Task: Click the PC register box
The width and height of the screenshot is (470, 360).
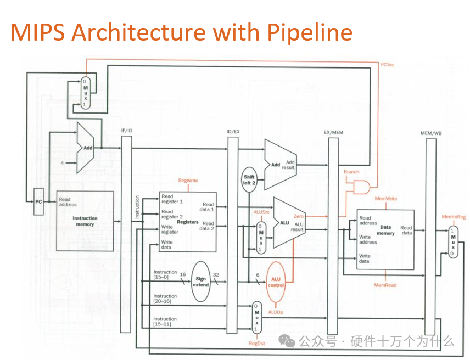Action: pyautogui.click(x=38, y=201)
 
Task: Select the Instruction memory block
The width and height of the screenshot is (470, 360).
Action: pyautogui.click(x=85, y=221)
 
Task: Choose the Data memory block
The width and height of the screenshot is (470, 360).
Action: pyautogui.click(x=385, y=239)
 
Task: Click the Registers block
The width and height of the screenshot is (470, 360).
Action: pyautogui.click(x=187, y=222)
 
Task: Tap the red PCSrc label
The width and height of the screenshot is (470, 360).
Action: pyautogui.click(x=387, y=64)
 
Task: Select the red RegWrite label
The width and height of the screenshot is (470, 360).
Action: pyautogui.click(x=188, y=181)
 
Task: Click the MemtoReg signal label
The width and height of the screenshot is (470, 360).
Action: pyautogui.click(x=454, y=217)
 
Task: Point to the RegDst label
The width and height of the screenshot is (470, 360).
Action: pyautogui.click(x=256, y=344)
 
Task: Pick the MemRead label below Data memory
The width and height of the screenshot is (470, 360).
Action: pyautogui.click(x=385, y=285)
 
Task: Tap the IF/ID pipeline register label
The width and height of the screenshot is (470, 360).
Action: pyautogui.click(x=126, y=131)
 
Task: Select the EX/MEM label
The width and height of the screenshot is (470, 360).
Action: pyautogui.click(x=333, y=132)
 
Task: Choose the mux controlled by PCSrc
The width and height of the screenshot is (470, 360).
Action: pyautogui.click(x=85, y=92)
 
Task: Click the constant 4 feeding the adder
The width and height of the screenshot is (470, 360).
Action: pyautogui.click(x=62, y=163)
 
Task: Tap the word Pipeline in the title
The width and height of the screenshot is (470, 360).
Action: pyautogui.click(x=310, y=32)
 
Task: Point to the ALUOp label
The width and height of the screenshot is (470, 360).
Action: pyautogui.click(x=276, y=311)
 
